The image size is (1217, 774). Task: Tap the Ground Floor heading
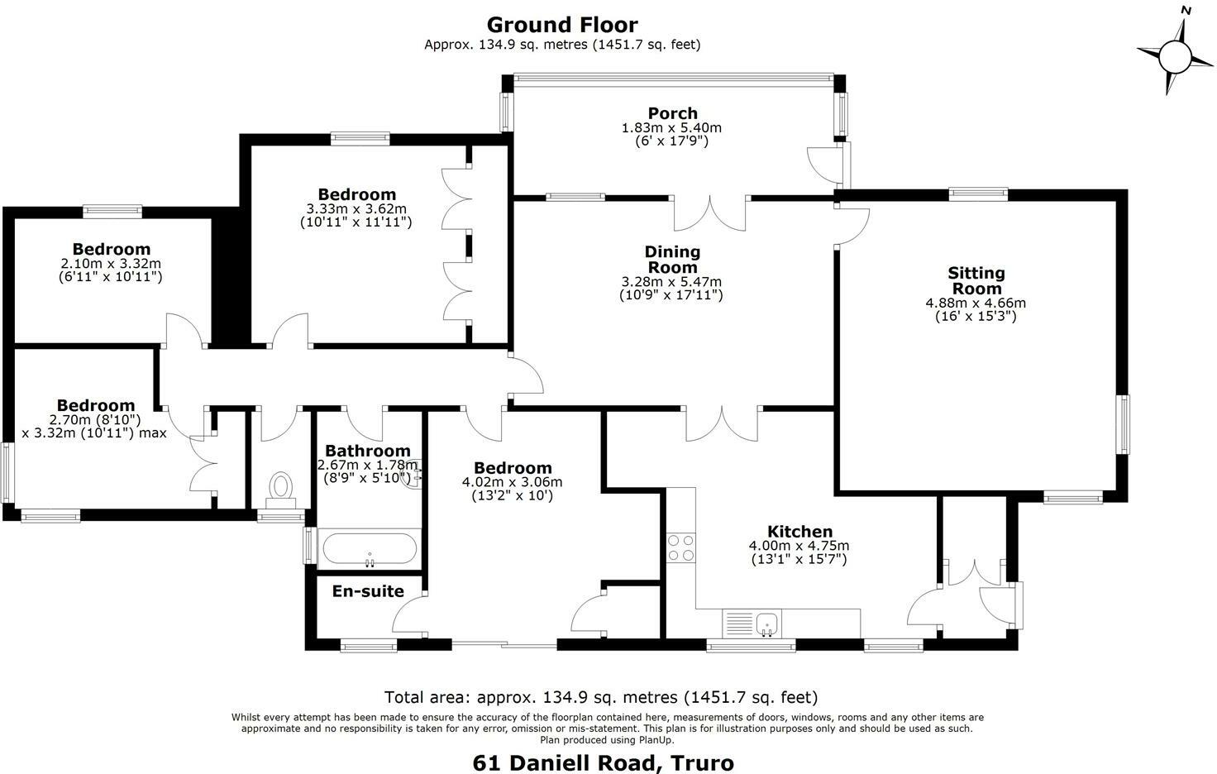point(561,25)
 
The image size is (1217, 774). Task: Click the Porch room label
point(672,113)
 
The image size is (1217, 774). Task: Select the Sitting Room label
point(976,280)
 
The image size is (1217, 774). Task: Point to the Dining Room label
point(672,259)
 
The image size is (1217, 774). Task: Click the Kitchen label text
point(799,532)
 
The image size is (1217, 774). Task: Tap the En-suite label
point(368,591)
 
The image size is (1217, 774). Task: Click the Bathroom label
point(367,451)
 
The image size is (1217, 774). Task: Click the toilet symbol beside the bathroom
point(282,487)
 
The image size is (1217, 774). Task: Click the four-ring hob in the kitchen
point(681,547)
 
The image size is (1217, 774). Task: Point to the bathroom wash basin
point(413,475)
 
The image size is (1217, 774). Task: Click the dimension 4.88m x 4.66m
point(976,303)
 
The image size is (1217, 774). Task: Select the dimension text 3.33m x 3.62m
point(356,209)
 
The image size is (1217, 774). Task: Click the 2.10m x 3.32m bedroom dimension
point(111,264)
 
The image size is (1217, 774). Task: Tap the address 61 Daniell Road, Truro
point(603,762)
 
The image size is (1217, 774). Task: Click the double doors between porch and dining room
point(710,214)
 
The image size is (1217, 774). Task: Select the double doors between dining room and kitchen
point(722,423)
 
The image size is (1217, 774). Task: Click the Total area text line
point(601,697)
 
